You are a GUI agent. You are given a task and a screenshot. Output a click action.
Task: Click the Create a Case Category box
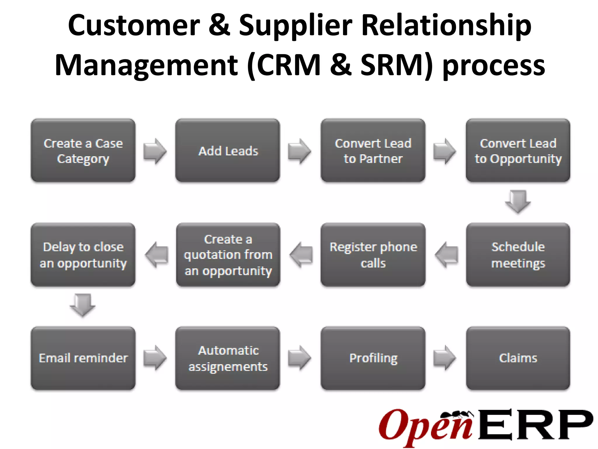click(x=83, y=151)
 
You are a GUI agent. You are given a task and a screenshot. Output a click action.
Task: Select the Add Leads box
click(x=228, y=151)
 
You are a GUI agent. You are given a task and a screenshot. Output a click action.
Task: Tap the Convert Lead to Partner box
click(x=373, y=151)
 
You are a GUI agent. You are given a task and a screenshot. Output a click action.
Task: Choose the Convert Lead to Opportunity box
click(x=518, y=151)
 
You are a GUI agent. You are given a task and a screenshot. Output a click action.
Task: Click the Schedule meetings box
click(x=518, y=255)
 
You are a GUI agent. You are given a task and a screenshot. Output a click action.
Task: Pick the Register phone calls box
click(x=373, y=255)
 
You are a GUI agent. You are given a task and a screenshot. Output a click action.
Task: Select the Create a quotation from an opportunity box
click(x=228, y=255)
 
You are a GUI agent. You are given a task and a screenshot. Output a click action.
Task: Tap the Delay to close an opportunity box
click(x=83, y=255)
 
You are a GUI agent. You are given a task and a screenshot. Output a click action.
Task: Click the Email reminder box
click(x=83, y=358)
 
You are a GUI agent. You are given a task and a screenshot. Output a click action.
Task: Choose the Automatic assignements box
click(x=228, y=358)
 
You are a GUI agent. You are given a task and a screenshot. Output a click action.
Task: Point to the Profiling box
click(x=373, y=358)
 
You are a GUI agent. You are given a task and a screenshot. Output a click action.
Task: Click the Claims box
click(x=518, y=358)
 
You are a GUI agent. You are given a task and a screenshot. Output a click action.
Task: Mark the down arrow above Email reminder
click(x=83, y=305)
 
